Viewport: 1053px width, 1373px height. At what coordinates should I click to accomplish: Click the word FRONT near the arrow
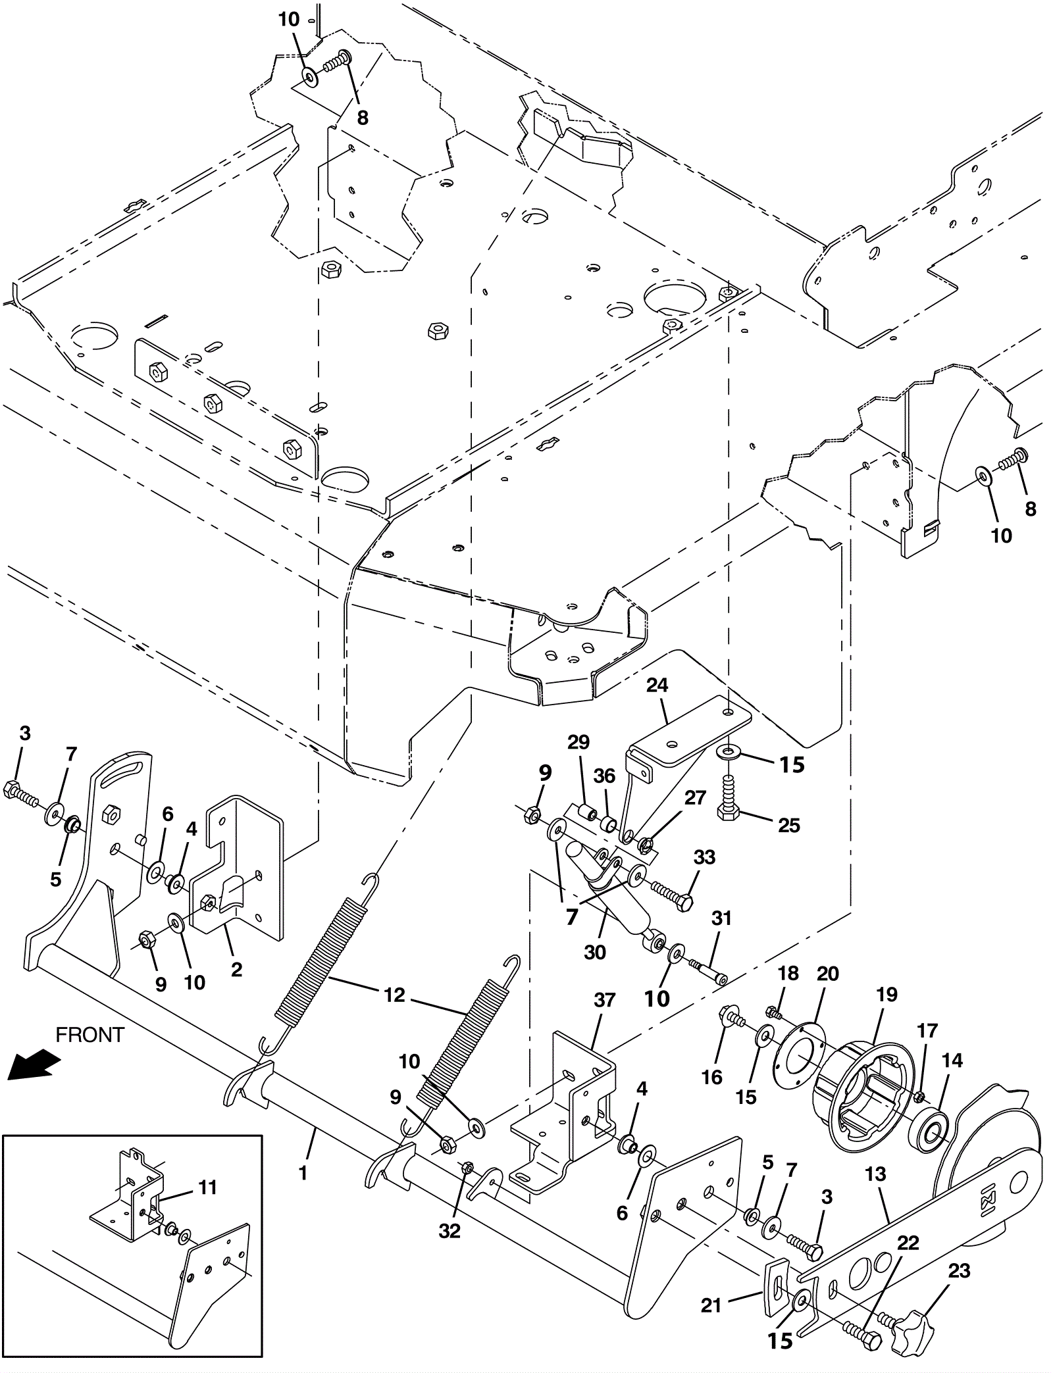[x=90, y=1035]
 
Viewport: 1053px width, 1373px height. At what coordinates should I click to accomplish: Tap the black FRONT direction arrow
[x=34, y=1066]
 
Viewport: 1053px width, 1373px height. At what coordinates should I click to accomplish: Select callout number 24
[x=657, y=686]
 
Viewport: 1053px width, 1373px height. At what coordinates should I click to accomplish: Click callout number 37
[x=604, y=1000]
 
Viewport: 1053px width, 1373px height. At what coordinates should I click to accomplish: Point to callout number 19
[x=886, y=994]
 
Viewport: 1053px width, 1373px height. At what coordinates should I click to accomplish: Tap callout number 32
[x=450, y=1231]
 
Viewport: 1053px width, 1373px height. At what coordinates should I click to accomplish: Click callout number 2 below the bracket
[x=236, y=969]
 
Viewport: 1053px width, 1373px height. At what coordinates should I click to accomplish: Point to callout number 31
[x=722, y=918]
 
